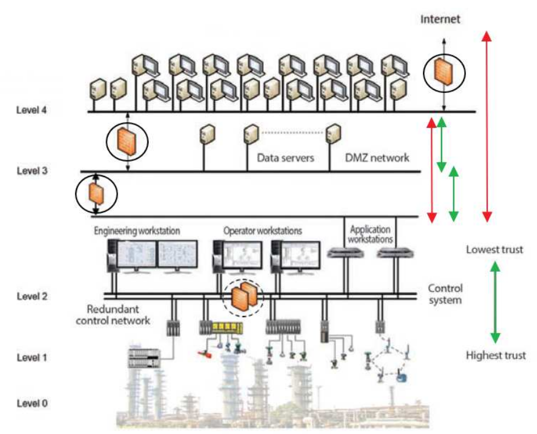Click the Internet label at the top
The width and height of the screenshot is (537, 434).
pos(440,19)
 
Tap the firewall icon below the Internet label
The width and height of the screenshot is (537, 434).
pos(442,72)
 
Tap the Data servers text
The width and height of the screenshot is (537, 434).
pos(285,159)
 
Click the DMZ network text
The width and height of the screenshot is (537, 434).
pos(378,159)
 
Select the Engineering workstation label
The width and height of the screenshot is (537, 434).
pos(137,230)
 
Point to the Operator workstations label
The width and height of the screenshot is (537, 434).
pos(263,230)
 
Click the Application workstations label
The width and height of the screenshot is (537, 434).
pos(370,234)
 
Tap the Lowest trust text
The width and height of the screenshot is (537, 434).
pos(495,249)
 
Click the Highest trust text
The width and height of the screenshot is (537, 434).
pos(496,356)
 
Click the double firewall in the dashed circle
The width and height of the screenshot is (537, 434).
pos(243,296)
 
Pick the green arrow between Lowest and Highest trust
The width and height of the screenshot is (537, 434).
pos(495,302)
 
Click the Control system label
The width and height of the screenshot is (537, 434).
pos(445,294)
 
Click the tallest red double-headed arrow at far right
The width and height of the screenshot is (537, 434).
pos(487,126)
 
